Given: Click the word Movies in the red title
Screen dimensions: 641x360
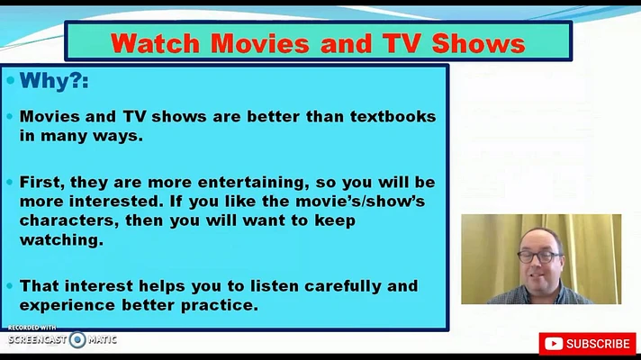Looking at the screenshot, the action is click(260, 43).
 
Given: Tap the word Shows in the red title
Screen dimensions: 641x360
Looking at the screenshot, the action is click(478, 43).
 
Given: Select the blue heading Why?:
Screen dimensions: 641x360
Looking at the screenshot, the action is click(54, 80).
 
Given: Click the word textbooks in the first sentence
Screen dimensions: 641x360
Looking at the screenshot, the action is click(393, 116).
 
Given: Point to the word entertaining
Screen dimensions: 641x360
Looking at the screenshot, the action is click(254, 182).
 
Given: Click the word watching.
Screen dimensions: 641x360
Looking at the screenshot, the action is click(61, 240).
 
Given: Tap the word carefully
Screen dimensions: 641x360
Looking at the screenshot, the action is click(343, 286).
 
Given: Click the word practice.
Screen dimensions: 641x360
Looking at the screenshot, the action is click(220, 305).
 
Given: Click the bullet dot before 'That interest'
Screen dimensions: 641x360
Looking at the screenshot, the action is click(10, 286).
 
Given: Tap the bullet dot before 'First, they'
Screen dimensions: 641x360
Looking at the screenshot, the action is click(10, 182).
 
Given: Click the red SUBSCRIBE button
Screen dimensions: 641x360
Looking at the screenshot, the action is click(588, 344).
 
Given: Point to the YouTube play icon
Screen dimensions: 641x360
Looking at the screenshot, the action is click(554, 344).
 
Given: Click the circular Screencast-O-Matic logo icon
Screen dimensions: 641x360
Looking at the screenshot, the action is click(77, 339).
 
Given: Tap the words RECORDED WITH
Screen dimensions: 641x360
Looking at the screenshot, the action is click(32, 328).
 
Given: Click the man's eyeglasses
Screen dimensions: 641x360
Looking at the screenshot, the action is click(539, 257).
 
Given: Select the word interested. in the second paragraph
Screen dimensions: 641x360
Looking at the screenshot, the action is click(116, 202).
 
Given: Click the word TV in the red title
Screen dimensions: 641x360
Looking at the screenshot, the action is click(402, 43).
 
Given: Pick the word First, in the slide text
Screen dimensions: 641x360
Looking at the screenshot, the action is click(42, 182).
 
